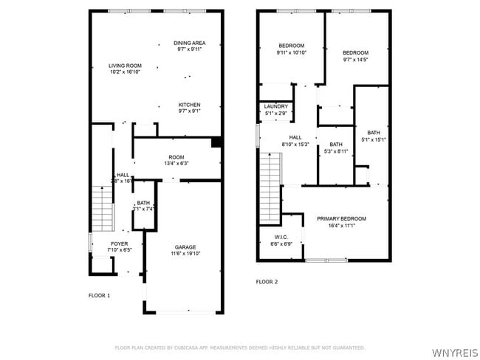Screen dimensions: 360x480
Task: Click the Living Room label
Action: click(125, 66)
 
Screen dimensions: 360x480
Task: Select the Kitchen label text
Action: click(189, 105)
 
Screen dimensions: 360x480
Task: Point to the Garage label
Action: click(185, 247)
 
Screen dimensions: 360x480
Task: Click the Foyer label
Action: click(120, 243)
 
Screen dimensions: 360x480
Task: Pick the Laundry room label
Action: click(275, 106)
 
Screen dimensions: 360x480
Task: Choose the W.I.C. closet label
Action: click(281, 238)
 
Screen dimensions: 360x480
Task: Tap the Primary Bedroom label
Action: click(341, 219)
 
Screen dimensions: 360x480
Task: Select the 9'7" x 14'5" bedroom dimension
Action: click(356, 60)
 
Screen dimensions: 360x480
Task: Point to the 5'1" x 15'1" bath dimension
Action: click(374, 139)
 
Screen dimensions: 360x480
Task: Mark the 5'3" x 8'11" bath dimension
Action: click(336, 151)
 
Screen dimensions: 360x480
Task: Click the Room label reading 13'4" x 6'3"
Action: click(176, 163)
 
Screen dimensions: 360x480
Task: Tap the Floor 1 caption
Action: click(99, 295)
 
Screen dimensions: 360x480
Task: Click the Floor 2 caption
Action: click(267, 282)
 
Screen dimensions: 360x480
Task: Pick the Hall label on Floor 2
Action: click(295, 137)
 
